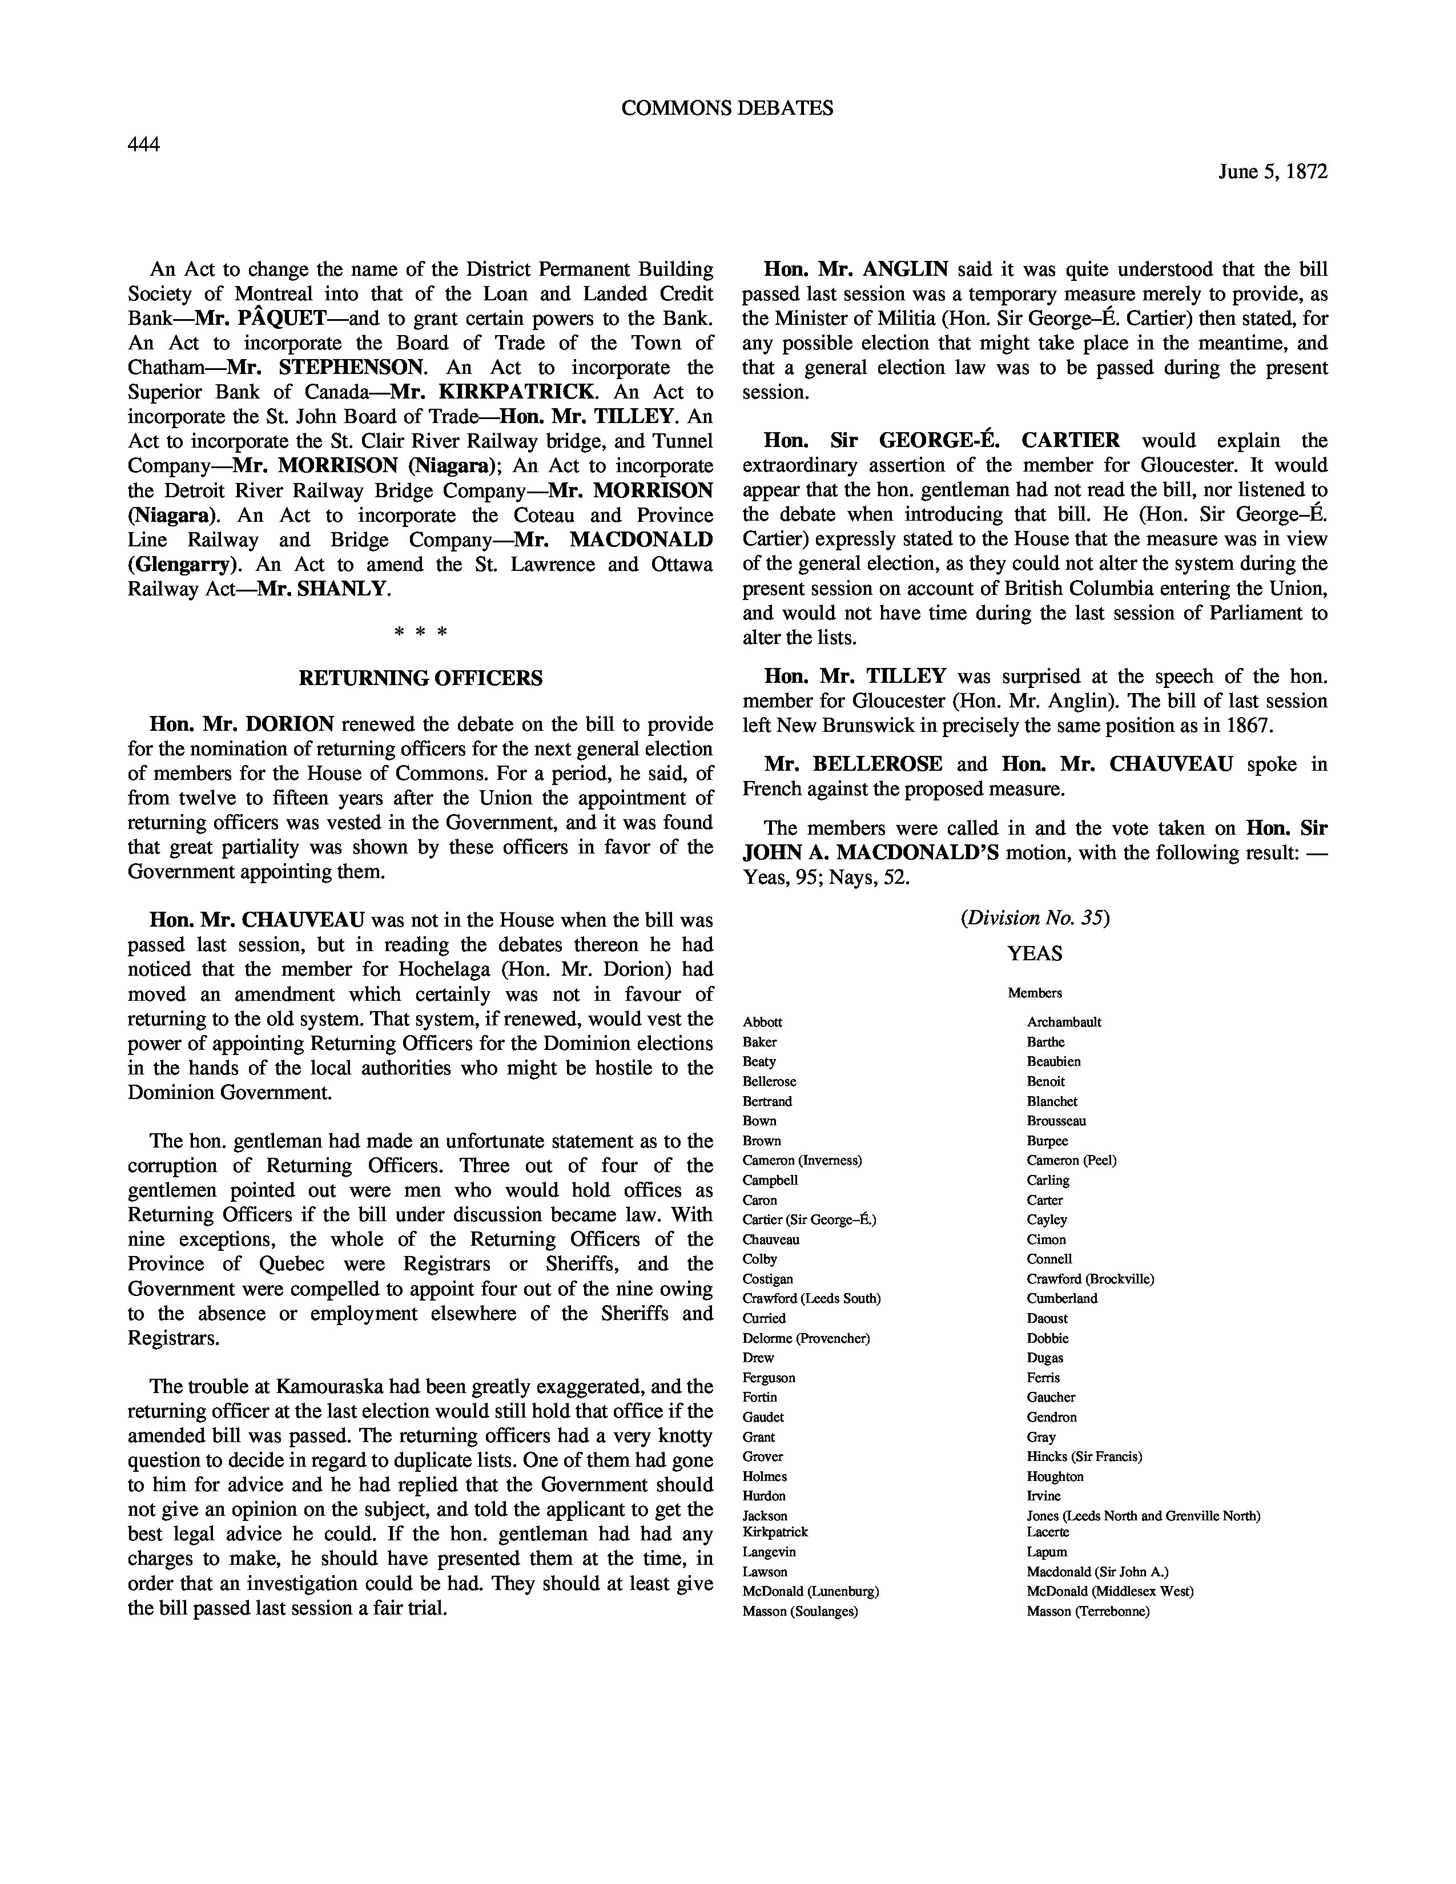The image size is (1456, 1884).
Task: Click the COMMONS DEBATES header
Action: click(727, 108)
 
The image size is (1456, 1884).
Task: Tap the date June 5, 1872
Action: click(1272, 172)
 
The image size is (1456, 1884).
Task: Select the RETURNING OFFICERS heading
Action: click(420, 678)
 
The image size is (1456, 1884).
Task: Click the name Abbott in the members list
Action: click(762, 1022)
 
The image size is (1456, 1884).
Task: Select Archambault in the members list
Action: click(1064, 1022)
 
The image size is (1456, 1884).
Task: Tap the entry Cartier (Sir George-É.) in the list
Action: click(809, 1220)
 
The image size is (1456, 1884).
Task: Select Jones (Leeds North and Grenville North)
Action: click(1143, 1516)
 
